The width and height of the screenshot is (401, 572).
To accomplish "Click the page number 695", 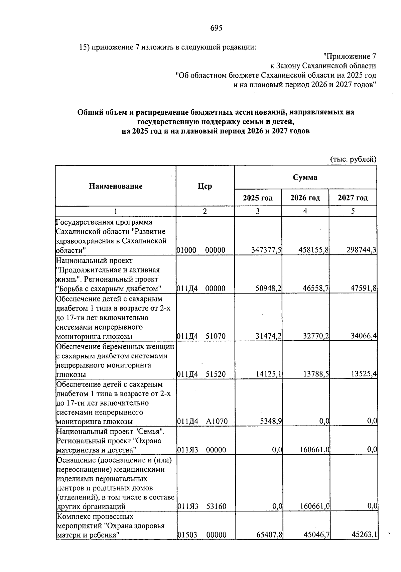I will [x=216, y=28].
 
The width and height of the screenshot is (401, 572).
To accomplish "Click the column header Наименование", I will [x=116, y=186].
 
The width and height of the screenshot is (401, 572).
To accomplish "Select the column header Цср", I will [x=205, y=186].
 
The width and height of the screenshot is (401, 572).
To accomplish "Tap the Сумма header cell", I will [x=305, y=177].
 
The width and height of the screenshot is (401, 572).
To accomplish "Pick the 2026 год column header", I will [x=305, y=198].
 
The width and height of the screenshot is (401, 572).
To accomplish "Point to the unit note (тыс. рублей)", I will [x=353, y=159].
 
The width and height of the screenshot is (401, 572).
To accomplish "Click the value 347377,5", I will [x=266, y=250].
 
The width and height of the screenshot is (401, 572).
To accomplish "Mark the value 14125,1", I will [x=269, y=374].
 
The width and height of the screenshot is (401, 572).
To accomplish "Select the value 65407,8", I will [x=269, y=535].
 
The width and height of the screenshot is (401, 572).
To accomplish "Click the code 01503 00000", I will [x=201, y=535].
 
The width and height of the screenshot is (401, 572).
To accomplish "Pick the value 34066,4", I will [x=364, y=336].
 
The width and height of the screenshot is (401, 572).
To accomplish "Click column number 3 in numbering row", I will [x=258, y=211].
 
